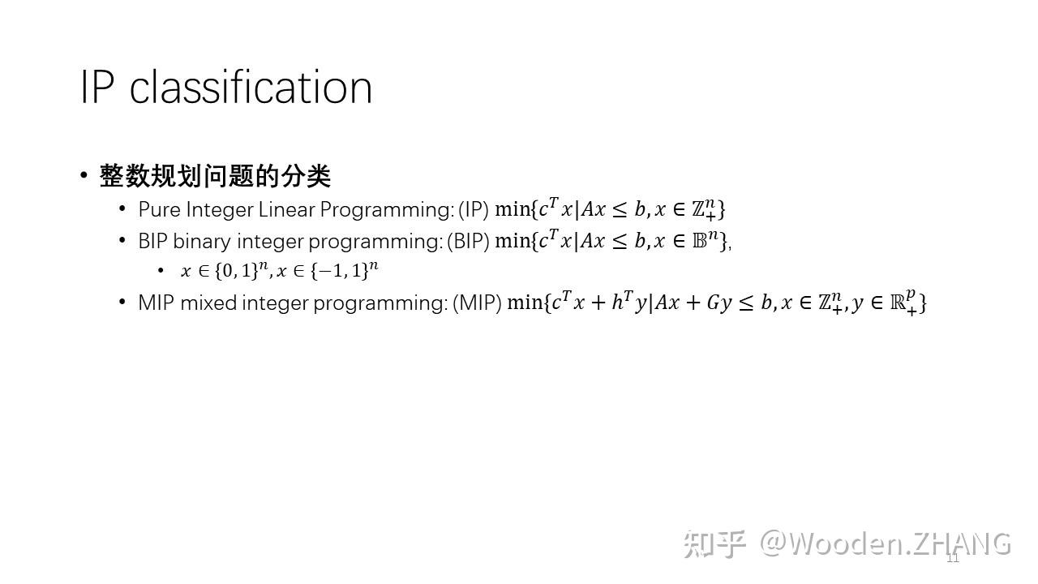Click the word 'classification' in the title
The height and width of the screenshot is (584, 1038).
pos(251,87)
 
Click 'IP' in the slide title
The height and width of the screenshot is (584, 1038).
pos(98,87)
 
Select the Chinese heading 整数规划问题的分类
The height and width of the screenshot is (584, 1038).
pos(215,176)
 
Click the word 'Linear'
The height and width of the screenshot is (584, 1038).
pos(287,209)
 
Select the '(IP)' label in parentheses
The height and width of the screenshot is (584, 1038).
pos(474,209)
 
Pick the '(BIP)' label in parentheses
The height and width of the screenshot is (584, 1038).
pos(468,242)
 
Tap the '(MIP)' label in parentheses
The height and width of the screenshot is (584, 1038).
pos(478,303)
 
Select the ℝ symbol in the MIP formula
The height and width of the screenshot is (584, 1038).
pos(898,303)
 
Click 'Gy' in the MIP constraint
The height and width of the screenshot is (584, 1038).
pos(719,303)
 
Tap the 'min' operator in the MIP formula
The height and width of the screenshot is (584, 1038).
pos(524,303)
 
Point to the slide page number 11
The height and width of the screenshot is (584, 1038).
pos(953,558)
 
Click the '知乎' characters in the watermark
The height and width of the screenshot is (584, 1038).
pos(714,544)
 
